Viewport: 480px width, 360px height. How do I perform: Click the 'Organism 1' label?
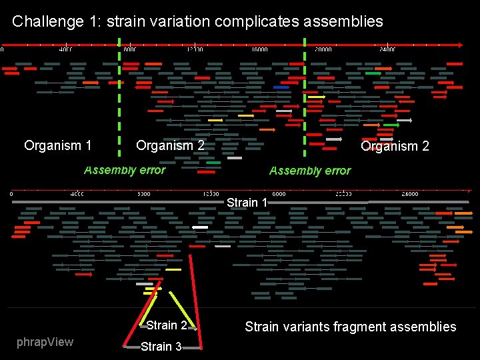(57, 145)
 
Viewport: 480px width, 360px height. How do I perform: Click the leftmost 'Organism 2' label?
(170, 145)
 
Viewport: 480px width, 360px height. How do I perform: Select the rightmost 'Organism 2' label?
(395, 146)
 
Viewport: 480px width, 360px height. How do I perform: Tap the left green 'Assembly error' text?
(125, 170)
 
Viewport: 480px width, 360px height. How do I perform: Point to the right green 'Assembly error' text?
(309, 171)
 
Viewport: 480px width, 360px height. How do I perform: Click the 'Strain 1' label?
(247, 202)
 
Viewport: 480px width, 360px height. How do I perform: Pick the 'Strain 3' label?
(161, 347)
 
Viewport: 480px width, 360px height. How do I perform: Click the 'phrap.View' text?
(44, 342)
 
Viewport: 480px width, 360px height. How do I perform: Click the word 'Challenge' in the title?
(43, 21)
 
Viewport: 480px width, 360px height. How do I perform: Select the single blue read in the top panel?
(281, 87)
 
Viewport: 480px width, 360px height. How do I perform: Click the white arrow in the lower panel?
(200, 227)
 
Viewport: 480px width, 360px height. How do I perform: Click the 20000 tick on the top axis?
(323, 49)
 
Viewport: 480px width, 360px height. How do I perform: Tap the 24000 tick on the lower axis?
(409, 194)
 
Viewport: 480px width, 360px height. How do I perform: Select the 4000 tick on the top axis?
(65, 49)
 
